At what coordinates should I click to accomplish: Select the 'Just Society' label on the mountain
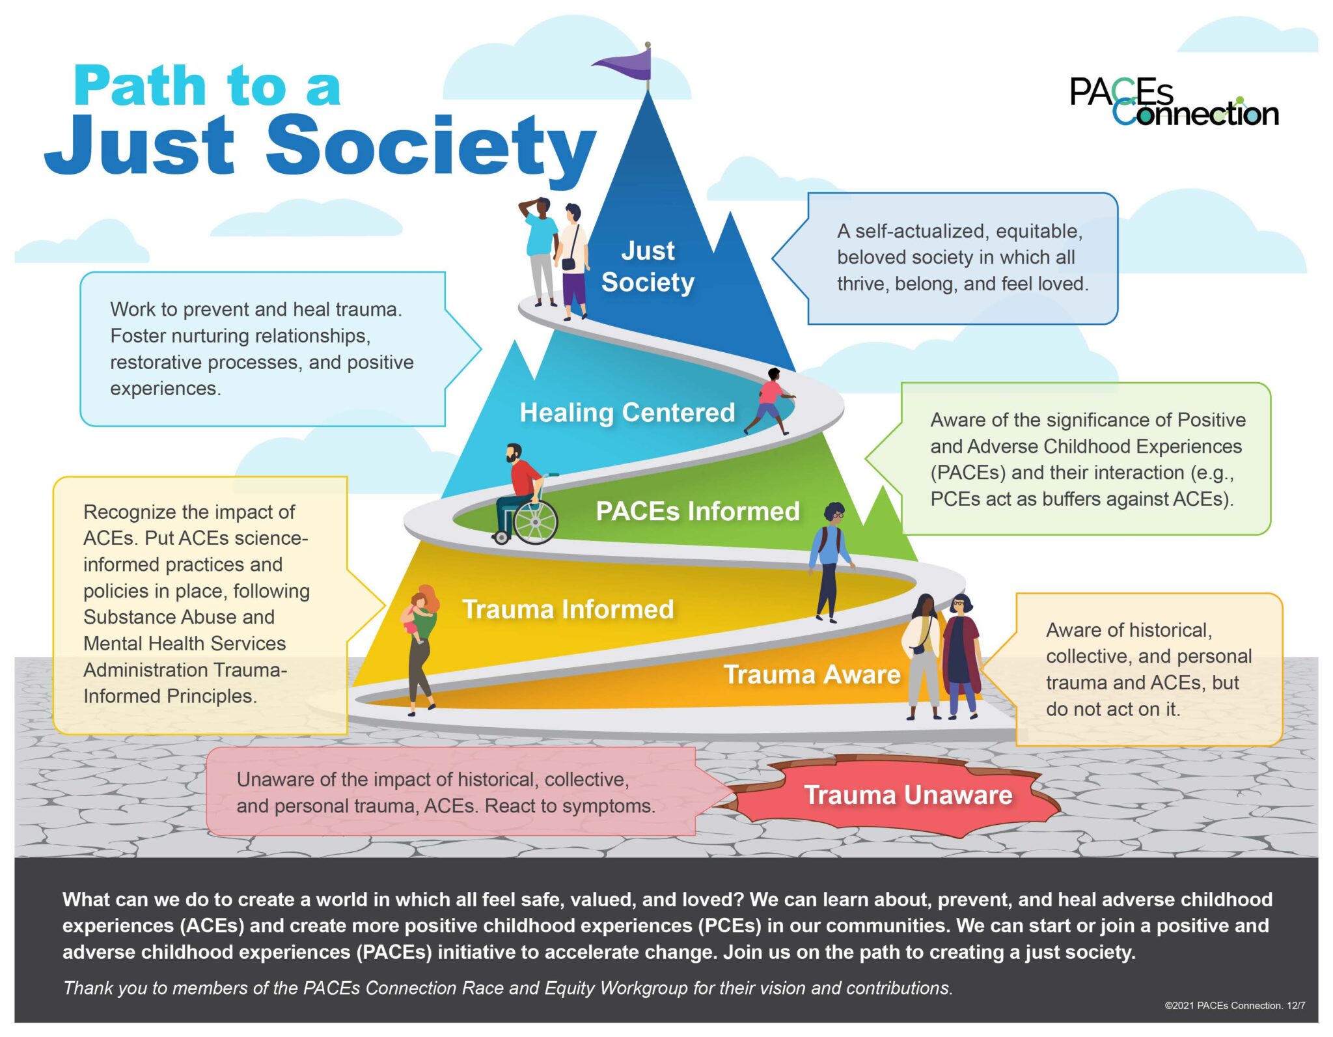pos(648,266)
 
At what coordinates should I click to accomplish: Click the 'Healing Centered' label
pos(627,412)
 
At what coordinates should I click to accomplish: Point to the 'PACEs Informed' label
pos(697,511)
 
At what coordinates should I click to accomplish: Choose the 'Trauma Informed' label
pos(568,609)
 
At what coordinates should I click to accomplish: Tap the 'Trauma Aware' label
pos(812,674)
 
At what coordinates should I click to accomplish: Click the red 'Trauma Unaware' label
pos(907,795)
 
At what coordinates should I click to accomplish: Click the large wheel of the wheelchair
pos(535,521)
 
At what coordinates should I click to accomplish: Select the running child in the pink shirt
pos(772,400)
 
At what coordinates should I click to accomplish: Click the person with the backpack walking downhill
pos(829,560)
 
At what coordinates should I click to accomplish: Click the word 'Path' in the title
pos(140,86)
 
